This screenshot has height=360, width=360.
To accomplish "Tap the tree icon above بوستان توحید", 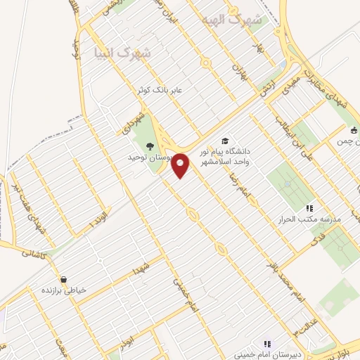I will click(x=150, y=146).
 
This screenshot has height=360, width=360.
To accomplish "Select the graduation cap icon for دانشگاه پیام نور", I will click(x=225, y=141).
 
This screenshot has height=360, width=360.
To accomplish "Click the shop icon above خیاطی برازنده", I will click(x=64, y=280).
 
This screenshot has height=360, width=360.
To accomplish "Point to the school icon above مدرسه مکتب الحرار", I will click(x=309, y=208).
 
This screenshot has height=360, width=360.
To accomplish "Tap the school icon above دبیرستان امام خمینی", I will click(x=267, y=344).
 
